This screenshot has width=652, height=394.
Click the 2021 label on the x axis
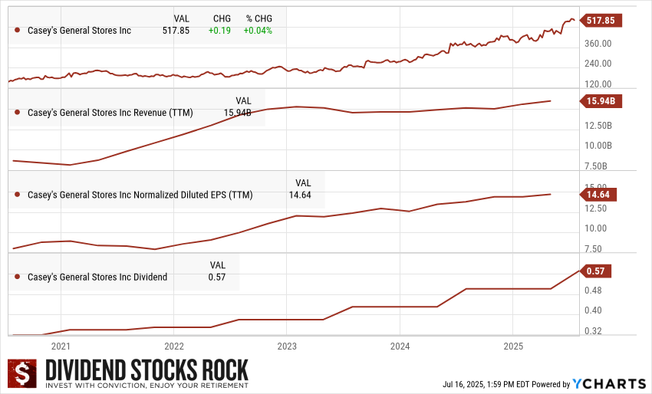coord(61,346)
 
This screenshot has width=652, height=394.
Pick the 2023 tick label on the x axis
coord(286,346)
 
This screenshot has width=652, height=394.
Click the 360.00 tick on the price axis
coord(598,43)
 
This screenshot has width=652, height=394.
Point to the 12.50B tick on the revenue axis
coord(598,125)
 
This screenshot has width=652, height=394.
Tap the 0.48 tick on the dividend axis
coord(593,291)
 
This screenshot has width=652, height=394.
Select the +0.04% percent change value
coord(258,31)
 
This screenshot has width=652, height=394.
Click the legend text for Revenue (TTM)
coord(110,113)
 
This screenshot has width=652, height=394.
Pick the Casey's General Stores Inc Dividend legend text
coord(97,277)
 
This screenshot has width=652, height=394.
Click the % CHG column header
coord(258,18)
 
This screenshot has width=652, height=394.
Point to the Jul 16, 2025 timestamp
coord(486,384)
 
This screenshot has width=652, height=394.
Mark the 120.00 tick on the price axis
coord(598,84)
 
